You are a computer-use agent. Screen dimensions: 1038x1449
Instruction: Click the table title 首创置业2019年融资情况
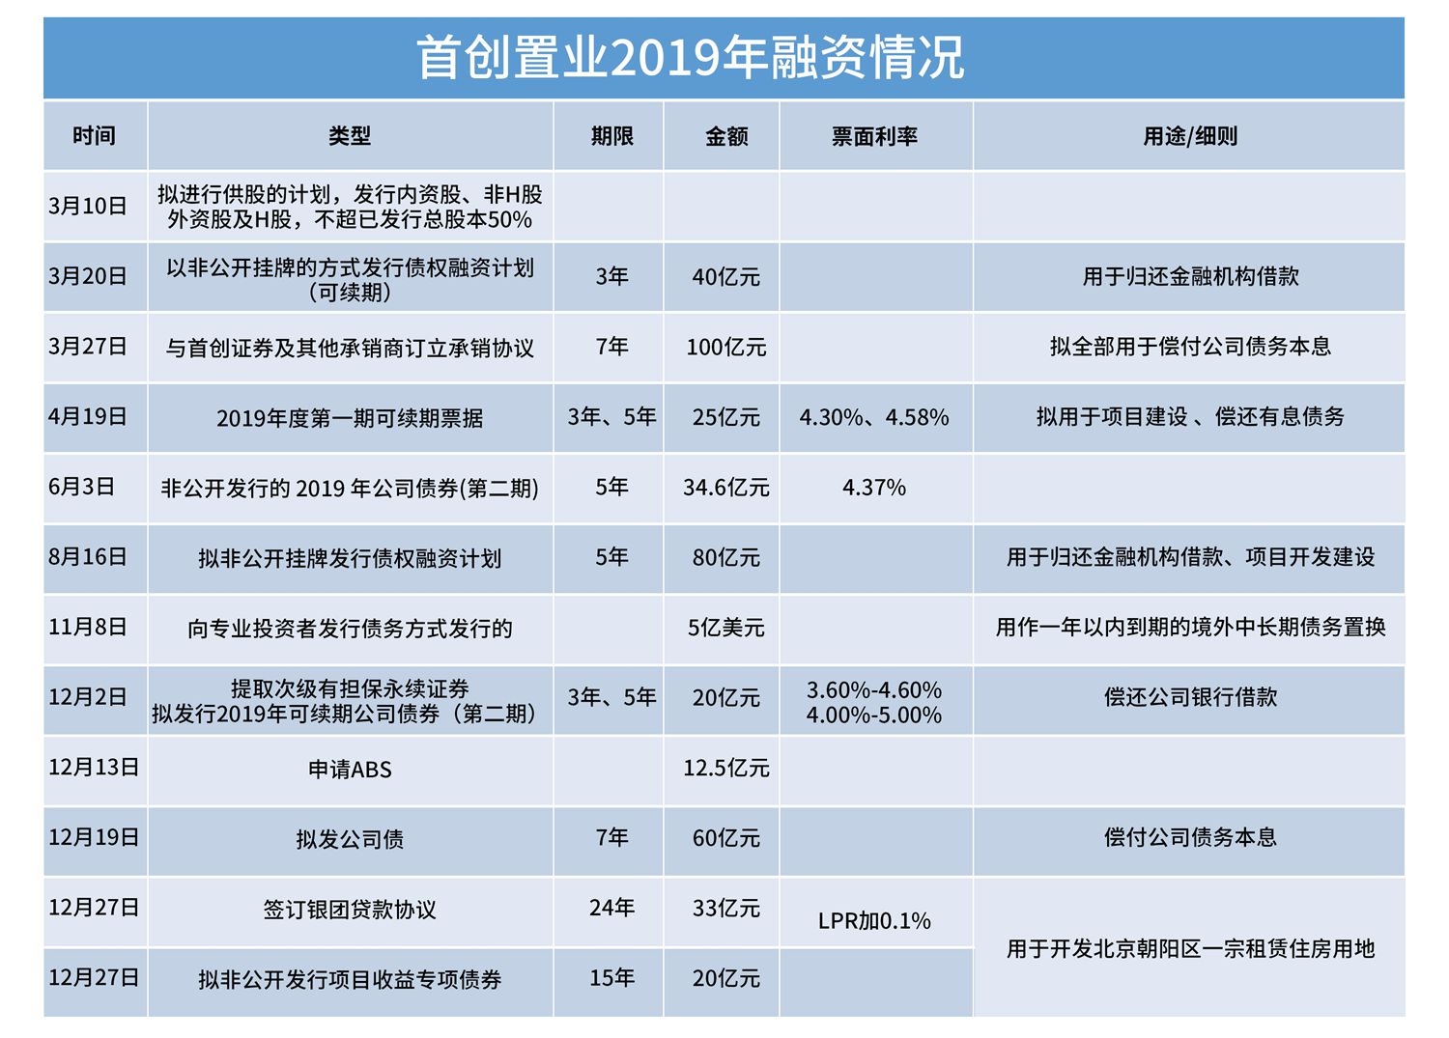click(x=690, y=58)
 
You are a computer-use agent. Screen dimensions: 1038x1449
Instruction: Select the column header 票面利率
click(x=874, y=137)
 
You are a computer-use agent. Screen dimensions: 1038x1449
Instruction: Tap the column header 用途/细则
click(x=1189, y=137)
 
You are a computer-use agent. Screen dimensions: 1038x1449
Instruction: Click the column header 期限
click(x=611, y=137)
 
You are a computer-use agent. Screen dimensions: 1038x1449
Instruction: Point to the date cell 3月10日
click(x=88, y=206)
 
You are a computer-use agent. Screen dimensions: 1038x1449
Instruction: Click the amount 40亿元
click(x=725, y=277)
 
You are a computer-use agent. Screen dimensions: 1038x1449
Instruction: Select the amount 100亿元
click(x=725, y=348)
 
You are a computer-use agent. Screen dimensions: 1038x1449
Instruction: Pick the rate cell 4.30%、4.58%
click(x=874, y=417)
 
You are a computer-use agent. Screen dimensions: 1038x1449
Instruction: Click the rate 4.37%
click(x=874, y=488)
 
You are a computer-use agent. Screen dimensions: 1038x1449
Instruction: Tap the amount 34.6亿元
click(x=725, y=488)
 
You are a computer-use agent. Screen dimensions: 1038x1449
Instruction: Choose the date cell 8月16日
click(x=88, y=557)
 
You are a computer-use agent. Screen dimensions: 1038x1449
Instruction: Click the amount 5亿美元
click(x=725, y=628)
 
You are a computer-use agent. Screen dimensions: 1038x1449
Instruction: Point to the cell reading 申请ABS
click(x=350, y=770)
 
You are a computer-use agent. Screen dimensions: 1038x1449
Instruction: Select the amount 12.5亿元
click(x=725, y=769)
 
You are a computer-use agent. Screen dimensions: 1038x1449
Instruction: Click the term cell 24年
click(x=611, y=908)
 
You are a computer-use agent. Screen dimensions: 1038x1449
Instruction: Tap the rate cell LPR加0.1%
click(x=874, y=921)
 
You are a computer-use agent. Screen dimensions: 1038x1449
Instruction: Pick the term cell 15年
click(x=611, y=978)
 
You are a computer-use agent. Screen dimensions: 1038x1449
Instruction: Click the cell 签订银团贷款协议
click(x=350, y=910)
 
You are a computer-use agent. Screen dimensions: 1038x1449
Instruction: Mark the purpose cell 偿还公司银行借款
click(x=1189, y=697)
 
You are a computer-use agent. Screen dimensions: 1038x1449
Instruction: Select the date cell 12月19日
click(x=94, y=837)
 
